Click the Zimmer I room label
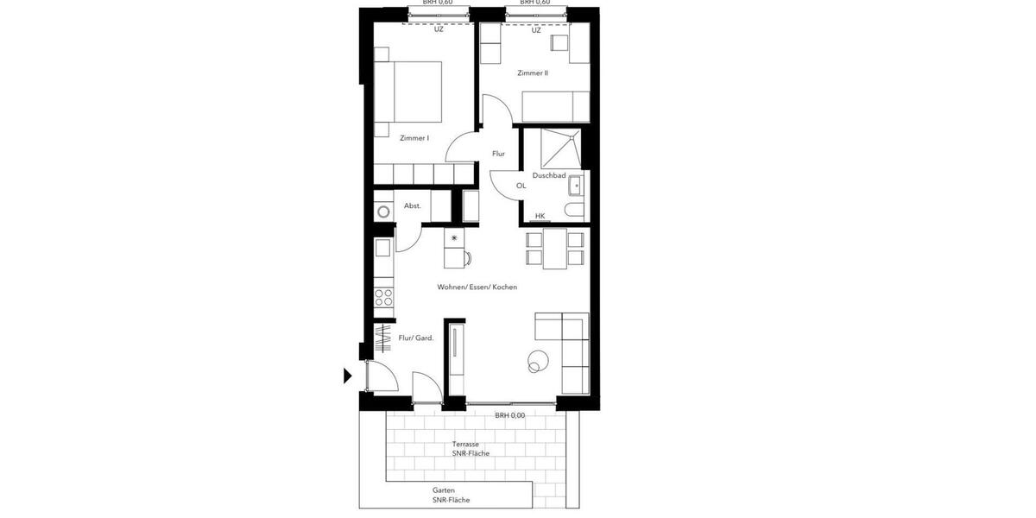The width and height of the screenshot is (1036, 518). click(x=414, y=138)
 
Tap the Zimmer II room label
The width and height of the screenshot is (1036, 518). click(x=533, y=73)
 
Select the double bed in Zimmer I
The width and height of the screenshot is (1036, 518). click(x=409, y=92)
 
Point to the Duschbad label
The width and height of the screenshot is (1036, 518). click(x=549, y=175)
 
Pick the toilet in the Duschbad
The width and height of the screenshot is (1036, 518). click(x=573, y=209)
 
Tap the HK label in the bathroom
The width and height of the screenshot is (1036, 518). click(x=540, y=216)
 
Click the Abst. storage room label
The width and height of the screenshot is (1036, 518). click(x=413, y=205)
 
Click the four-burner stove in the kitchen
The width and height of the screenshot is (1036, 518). click(x=383, y=298)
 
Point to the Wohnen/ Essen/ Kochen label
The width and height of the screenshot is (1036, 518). click(x=477, y=287)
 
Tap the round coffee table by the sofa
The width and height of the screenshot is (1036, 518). click(x=537, y=362)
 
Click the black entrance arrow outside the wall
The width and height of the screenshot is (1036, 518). click(x=348, y=376)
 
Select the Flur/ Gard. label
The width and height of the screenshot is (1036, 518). click(x=415, y=338)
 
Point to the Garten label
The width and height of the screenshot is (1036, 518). click(x=444, y=490)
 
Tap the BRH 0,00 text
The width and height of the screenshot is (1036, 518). click(x=509, y=415)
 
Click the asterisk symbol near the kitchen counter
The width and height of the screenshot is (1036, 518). click(x=454, y=237)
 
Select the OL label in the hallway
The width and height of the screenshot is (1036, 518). click(x=521, y=186)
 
